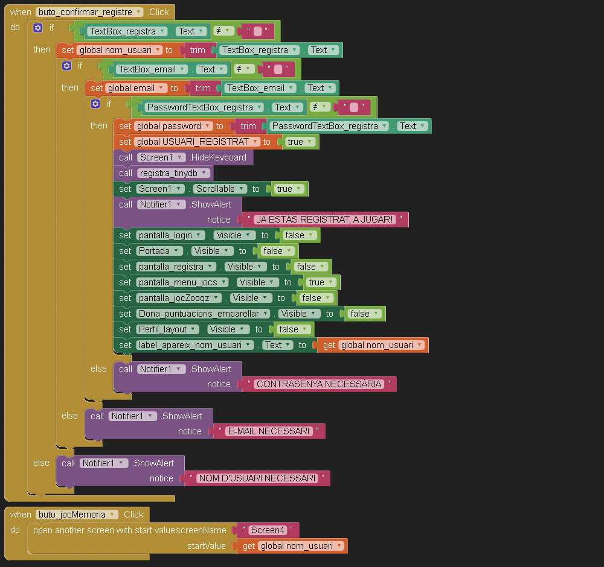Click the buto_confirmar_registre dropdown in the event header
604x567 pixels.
tap(89, 12)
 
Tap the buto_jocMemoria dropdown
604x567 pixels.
tap(78, 515)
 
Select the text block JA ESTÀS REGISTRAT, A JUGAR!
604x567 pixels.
tap(325, 220)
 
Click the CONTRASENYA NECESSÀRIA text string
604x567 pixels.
tap(319, 384)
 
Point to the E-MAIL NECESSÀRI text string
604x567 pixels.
tap(269, 431)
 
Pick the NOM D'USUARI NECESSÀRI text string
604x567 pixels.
tap(257, 478)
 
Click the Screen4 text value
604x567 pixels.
tap(268, 530)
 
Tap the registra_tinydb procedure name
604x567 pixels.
tap(173, 173)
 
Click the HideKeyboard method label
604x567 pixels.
tap(219, 157)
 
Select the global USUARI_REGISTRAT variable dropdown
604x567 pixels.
tap(198, 142)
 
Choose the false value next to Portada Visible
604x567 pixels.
tap(275, 251)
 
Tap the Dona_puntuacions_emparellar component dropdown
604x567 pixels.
tap(204, 314)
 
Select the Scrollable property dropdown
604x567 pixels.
tap(220, 189)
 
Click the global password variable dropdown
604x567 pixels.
tap(174, 126)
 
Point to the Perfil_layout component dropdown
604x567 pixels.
tap(167, 329)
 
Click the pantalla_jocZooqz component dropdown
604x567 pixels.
tap(179, 298)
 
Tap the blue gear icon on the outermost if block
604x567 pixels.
tap(38, 28)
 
